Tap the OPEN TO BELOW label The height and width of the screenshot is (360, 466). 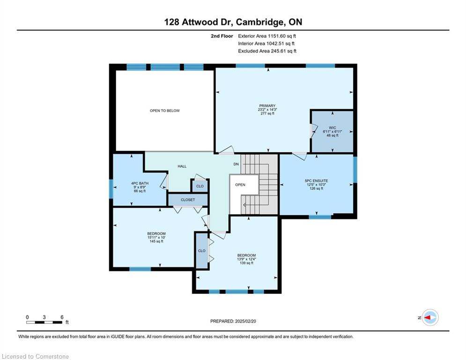click(x=165, y=111)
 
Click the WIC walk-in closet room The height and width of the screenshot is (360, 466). click(x=332, y=132)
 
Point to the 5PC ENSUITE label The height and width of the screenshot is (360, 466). click(x=316, y=180)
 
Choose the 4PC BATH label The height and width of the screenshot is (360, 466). click(x=140, y=183)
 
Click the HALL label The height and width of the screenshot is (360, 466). click(x=182, y=166)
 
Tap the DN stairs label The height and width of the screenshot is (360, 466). click(x=236, y=164)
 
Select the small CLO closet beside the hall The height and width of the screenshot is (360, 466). click(x=200, y=186)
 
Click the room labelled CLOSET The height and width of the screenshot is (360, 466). click(x=188, y=200)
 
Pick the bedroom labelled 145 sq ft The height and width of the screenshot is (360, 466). click(x=156, y=237)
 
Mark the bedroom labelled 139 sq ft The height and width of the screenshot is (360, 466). click(x=246, y=259)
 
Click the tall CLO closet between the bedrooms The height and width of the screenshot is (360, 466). click(x=202, y=250)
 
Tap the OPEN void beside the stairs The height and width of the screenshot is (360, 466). click(x=240, y=185)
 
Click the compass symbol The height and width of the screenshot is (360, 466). click(x=430, y=318)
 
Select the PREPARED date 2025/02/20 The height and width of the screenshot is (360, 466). click(x=233, y=321)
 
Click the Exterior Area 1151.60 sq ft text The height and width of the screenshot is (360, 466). click(x=267, y=36)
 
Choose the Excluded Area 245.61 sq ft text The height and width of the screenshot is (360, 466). click(x=267, y=51)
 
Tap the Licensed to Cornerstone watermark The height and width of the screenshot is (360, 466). click(x=36, y=356)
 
